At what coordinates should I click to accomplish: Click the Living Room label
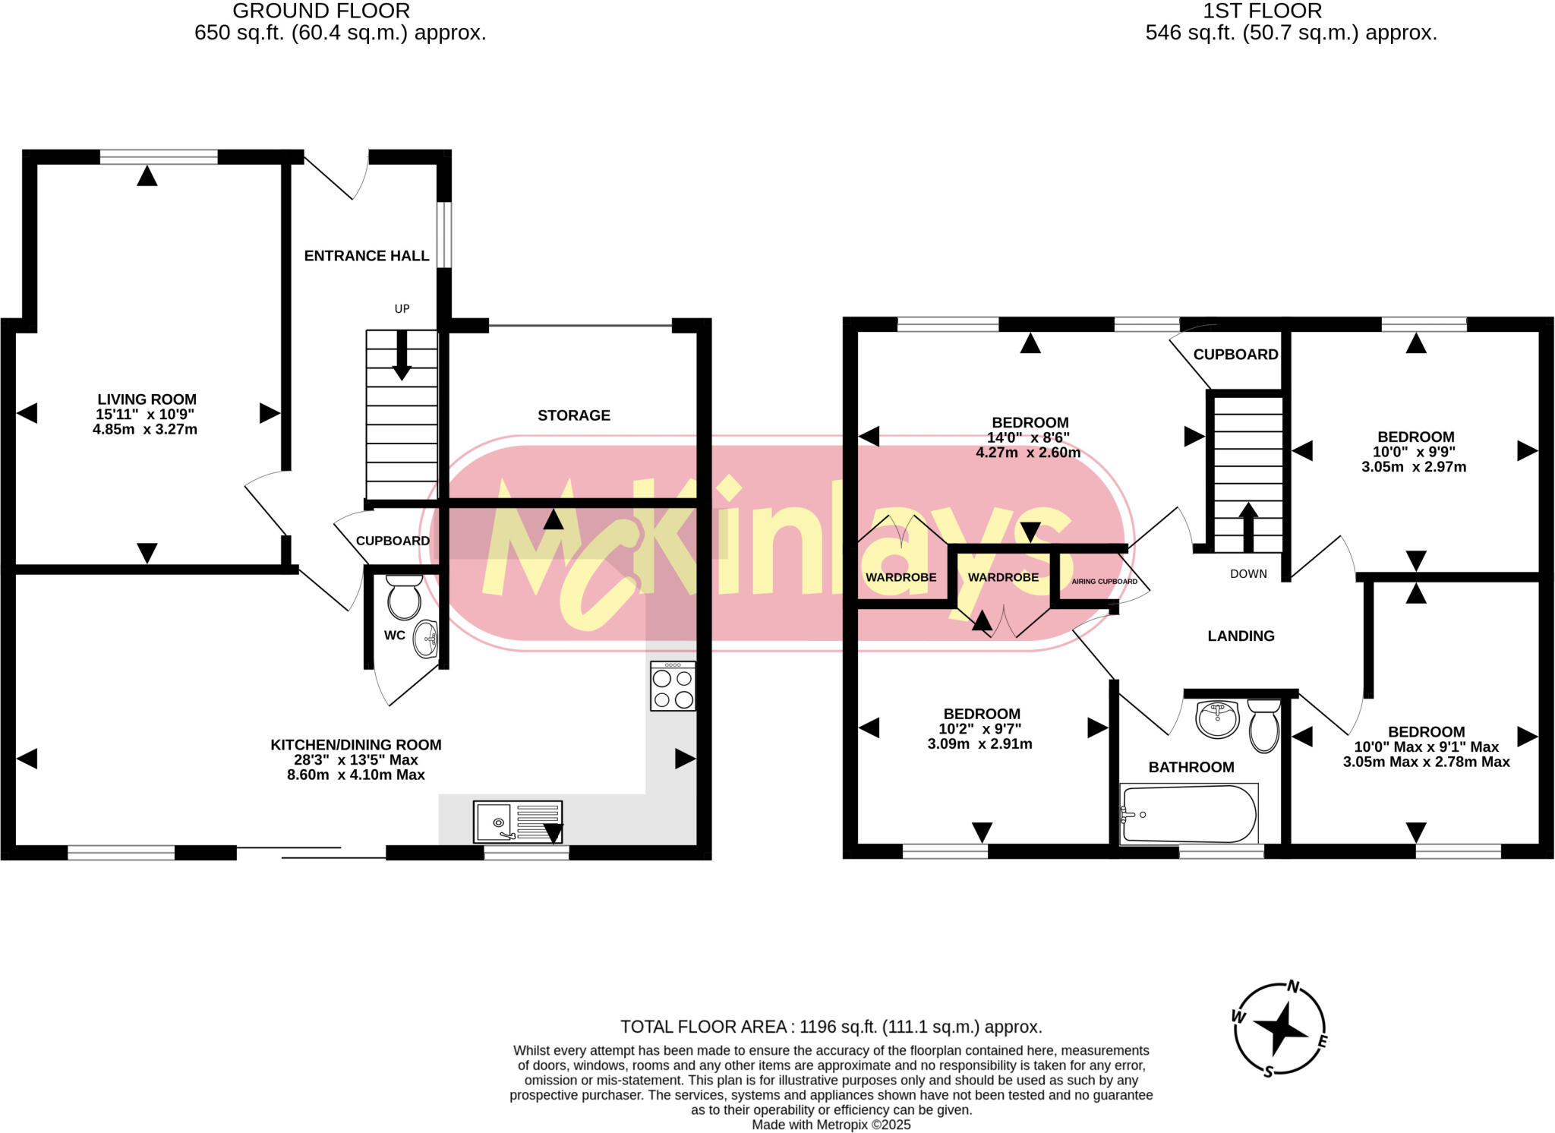point(147,399)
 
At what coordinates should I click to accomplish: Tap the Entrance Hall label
point(367,256)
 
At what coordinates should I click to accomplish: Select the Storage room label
point(574,415)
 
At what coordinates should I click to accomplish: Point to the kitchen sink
point(517,822)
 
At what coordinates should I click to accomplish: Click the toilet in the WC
point(404,597)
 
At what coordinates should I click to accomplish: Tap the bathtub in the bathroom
point(1188,814)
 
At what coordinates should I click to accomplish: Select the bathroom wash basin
point(1217,718)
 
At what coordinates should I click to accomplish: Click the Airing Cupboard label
point(1104,582)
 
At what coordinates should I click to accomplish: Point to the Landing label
point(1241,636)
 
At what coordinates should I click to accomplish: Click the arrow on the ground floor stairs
point(402,355)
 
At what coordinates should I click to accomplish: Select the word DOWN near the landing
point(1248,574)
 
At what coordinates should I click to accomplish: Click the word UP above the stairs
point(402,309)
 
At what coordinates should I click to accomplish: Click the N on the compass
point(1293,987)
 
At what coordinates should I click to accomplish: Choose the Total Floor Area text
point(831,1027)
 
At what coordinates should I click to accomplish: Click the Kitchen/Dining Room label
point(356,745)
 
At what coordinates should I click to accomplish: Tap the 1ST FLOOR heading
point(1262,11)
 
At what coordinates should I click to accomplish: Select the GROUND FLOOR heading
point(321,11)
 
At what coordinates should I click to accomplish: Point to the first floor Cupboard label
point(1235,355)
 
